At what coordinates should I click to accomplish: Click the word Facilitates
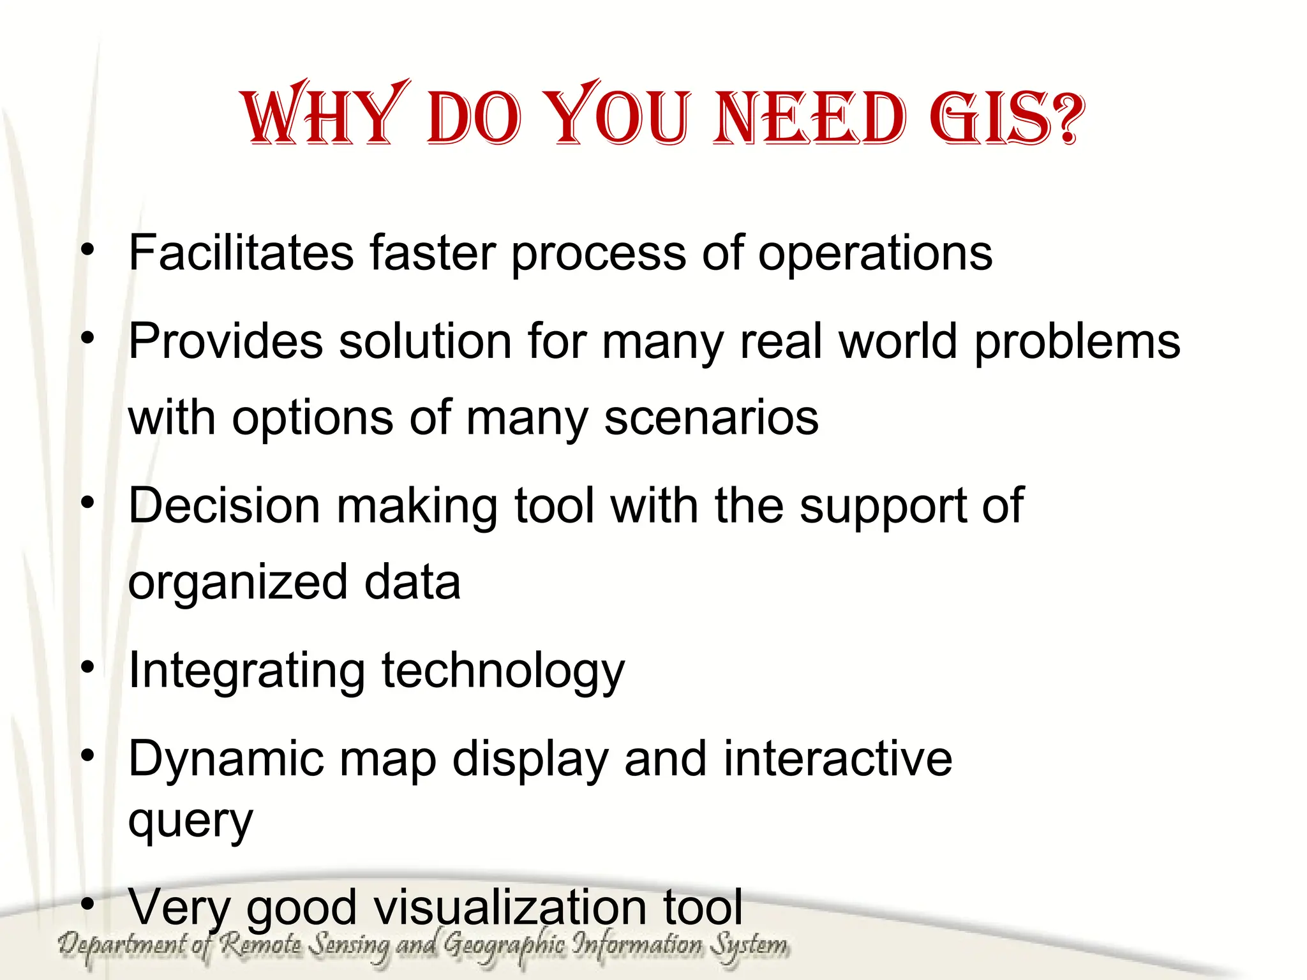pos(241,253)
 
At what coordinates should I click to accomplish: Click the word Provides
pos(225,341)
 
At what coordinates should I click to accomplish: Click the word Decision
pos(224,506)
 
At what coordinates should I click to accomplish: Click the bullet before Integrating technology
pos(88,667)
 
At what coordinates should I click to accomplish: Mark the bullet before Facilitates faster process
pos(88,249)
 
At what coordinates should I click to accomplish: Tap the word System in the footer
pos(749,945)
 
